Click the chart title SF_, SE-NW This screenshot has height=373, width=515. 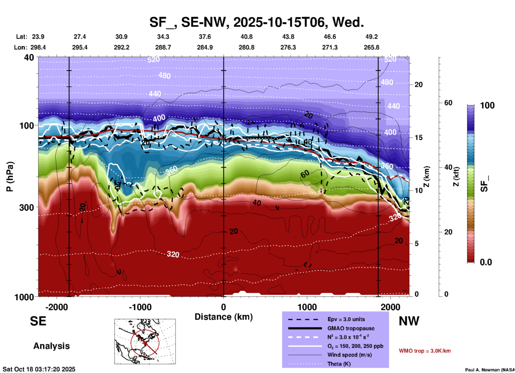pyautogui.click(x=256, y=22)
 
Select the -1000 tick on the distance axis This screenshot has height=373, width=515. pyautogui.click(x=140, y=307)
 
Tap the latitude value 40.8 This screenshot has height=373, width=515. pyautogui.click(x=246, y=37)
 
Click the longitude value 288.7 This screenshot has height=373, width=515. pyautogui.click(x=163, y=47)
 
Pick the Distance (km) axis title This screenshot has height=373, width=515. pyautogui.click(x=224, y=317)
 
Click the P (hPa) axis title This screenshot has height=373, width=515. pyautogui.click(x=10, y=177)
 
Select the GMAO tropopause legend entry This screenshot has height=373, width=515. pyautogui.click(x=351, y=328)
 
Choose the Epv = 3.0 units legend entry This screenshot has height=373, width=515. pyautogui.click(x=346, y=319)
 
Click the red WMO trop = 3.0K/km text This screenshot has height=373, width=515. pyautogui.click(x=425, y=351)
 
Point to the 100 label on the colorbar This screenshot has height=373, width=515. pyautogui.click(x=487, y=105)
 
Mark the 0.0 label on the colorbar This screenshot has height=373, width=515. pyautogui.click(x=486, y=262)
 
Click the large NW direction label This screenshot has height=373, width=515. pyautogui.click(x=409, y=321)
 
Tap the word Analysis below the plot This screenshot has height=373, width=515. pyautogui.click(x=51, y=346)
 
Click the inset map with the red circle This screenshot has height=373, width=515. pyautogui.click(x=145, y=341)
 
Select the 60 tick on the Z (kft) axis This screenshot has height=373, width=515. pyautogui.click(x=448, y=103)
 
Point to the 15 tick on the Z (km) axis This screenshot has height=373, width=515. pyautogui.click(x=418, y=138)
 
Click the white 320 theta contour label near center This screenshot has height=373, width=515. pyautogui.click(x=173, y=254)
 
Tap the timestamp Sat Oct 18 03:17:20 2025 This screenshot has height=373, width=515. pyautogui.click(x=39, y=369)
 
